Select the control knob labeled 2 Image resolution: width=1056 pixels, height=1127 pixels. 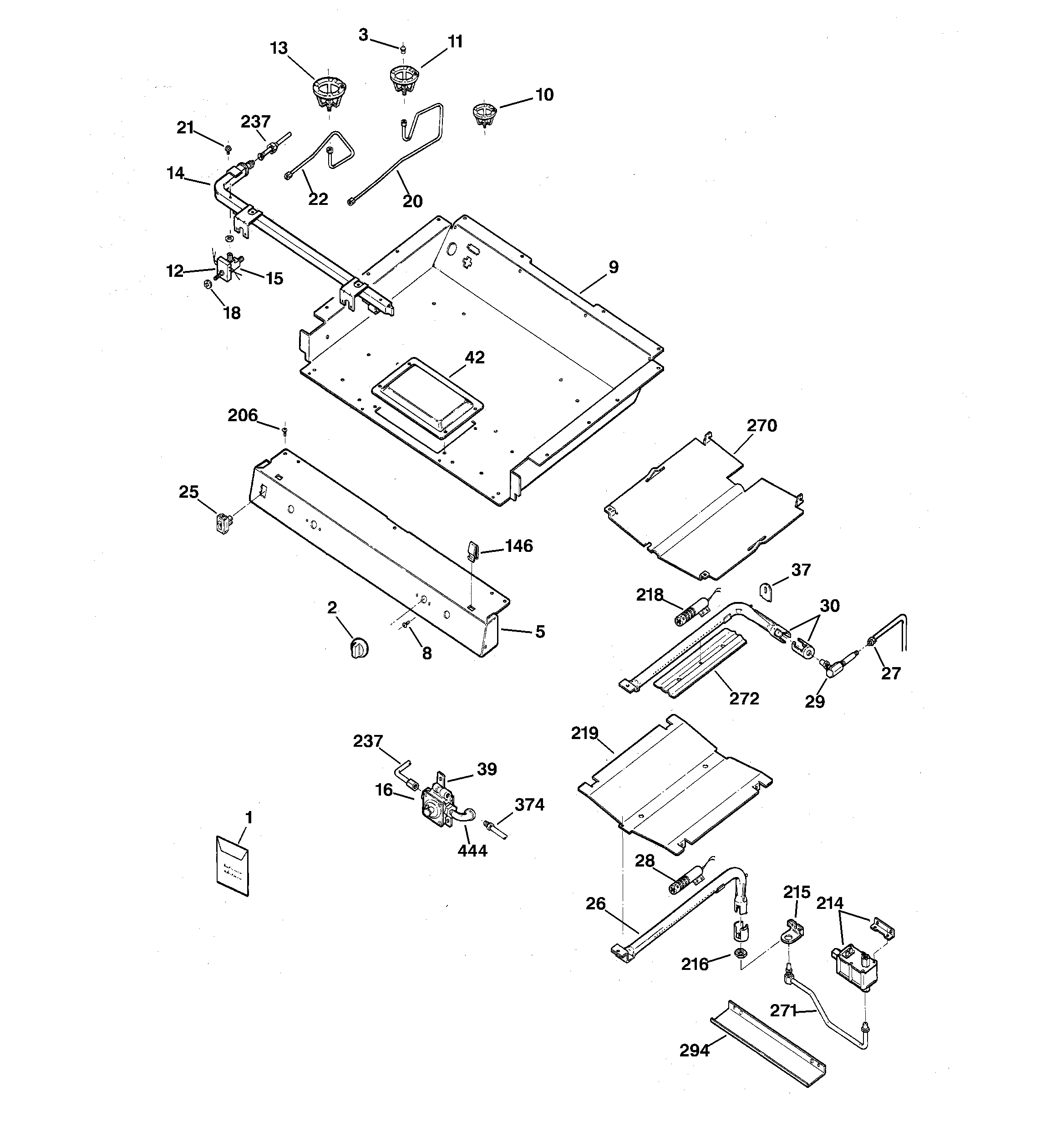(359, 648)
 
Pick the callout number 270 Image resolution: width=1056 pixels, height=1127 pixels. (761, 425)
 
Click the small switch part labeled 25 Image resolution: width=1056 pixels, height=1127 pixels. (224, 521)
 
